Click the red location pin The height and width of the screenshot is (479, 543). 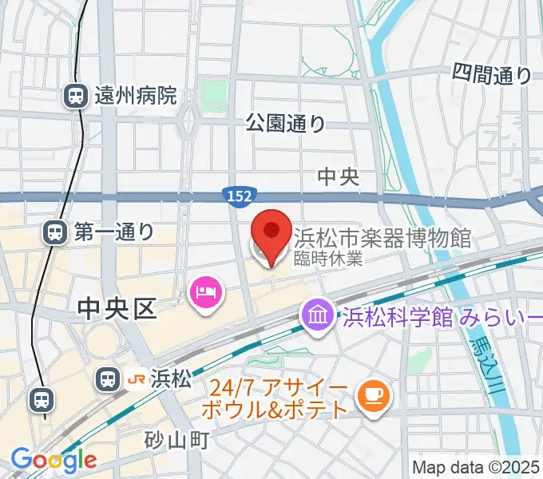pos(271,232)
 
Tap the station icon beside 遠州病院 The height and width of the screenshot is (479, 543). pos(76,97)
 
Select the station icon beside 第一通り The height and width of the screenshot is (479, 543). pos(55,232)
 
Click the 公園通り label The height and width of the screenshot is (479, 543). pos(285,123)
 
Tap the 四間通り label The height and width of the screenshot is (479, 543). pos(491,75)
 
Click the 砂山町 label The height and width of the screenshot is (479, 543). pos(176,440)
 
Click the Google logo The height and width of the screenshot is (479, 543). pos(54,460)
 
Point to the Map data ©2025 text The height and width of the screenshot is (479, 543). pos(476,467)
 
